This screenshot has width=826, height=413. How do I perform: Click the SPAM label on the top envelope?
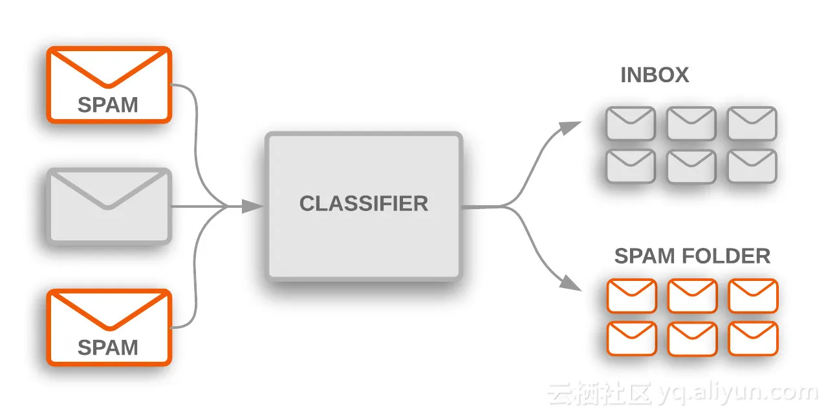coord(108,105)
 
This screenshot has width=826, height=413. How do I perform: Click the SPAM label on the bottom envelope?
coord(108,348)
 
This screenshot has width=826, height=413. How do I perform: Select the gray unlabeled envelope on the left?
coord(109,206)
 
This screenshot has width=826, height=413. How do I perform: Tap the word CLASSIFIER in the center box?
coord(364,203)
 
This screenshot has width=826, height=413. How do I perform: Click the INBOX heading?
coord(655,75)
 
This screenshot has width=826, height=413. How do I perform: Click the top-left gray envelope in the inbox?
coord(631,124)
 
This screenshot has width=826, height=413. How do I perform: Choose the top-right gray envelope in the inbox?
coord(752,124)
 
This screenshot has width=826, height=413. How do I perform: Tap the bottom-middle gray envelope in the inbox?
coord(691,166)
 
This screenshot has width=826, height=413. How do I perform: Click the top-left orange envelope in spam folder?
coord(631,296)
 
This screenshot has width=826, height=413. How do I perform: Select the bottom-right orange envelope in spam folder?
coord(753,339)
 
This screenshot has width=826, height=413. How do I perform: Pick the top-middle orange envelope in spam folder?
coord(692,296)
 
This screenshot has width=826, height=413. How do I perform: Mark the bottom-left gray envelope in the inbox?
coord(631,166)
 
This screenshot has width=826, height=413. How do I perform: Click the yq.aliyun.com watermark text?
coord(737,392)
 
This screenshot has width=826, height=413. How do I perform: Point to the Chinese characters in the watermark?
coord(598,392)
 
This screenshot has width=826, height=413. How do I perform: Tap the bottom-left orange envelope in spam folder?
coord(631,339)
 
